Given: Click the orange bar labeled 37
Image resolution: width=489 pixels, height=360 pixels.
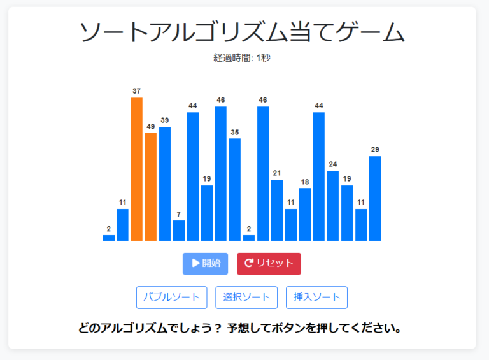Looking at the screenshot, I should (136, 169).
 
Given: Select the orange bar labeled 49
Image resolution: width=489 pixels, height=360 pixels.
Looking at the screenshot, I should (150, 186).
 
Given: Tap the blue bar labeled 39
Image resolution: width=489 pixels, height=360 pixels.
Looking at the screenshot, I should (165, 184).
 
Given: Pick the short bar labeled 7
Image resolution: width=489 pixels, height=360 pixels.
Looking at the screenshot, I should (178, 231).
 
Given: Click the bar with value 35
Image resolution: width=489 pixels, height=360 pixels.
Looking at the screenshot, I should (235, 189).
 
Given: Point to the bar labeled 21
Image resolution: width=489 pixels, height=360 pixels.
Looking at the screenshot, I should (277, 210).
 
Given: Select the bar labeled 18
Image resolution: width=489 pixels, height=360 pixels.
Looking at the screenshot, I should (305, 214).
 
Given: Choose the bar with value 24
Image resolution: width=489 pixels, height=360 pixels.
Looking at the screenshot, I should (333, 205).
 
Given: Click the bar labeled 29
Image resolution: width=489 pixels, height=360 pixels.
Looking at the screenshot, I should (375, 198).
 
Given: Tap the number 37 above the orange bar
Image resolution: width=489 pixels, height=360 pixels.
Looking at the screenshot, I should (136, 91).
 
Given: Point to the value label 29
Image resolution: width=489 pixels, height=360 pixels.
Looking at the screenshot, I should (375, 149).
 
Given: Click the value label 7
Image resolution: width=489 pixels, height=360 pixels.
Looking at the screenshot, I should (178, 213).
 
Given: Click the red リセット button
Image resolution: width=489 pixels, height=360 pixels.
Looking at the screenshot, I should (269, 264).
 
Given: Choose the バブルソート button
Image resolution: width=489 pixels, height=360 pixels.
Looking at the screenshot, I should (172, 298).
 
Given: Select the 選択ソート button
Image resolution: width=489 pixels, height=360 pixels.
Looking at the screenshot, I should (246, 298).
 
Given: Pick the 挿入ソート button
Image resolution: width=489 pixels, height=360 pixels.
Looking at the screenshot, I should (316, 298).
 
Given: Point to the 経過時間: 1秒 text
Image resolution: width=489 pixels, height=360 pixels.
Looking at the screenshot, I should (242, 58).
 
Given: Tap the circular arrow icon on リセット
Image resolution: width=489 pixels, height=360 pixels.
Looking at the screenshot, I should (249, 263).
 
